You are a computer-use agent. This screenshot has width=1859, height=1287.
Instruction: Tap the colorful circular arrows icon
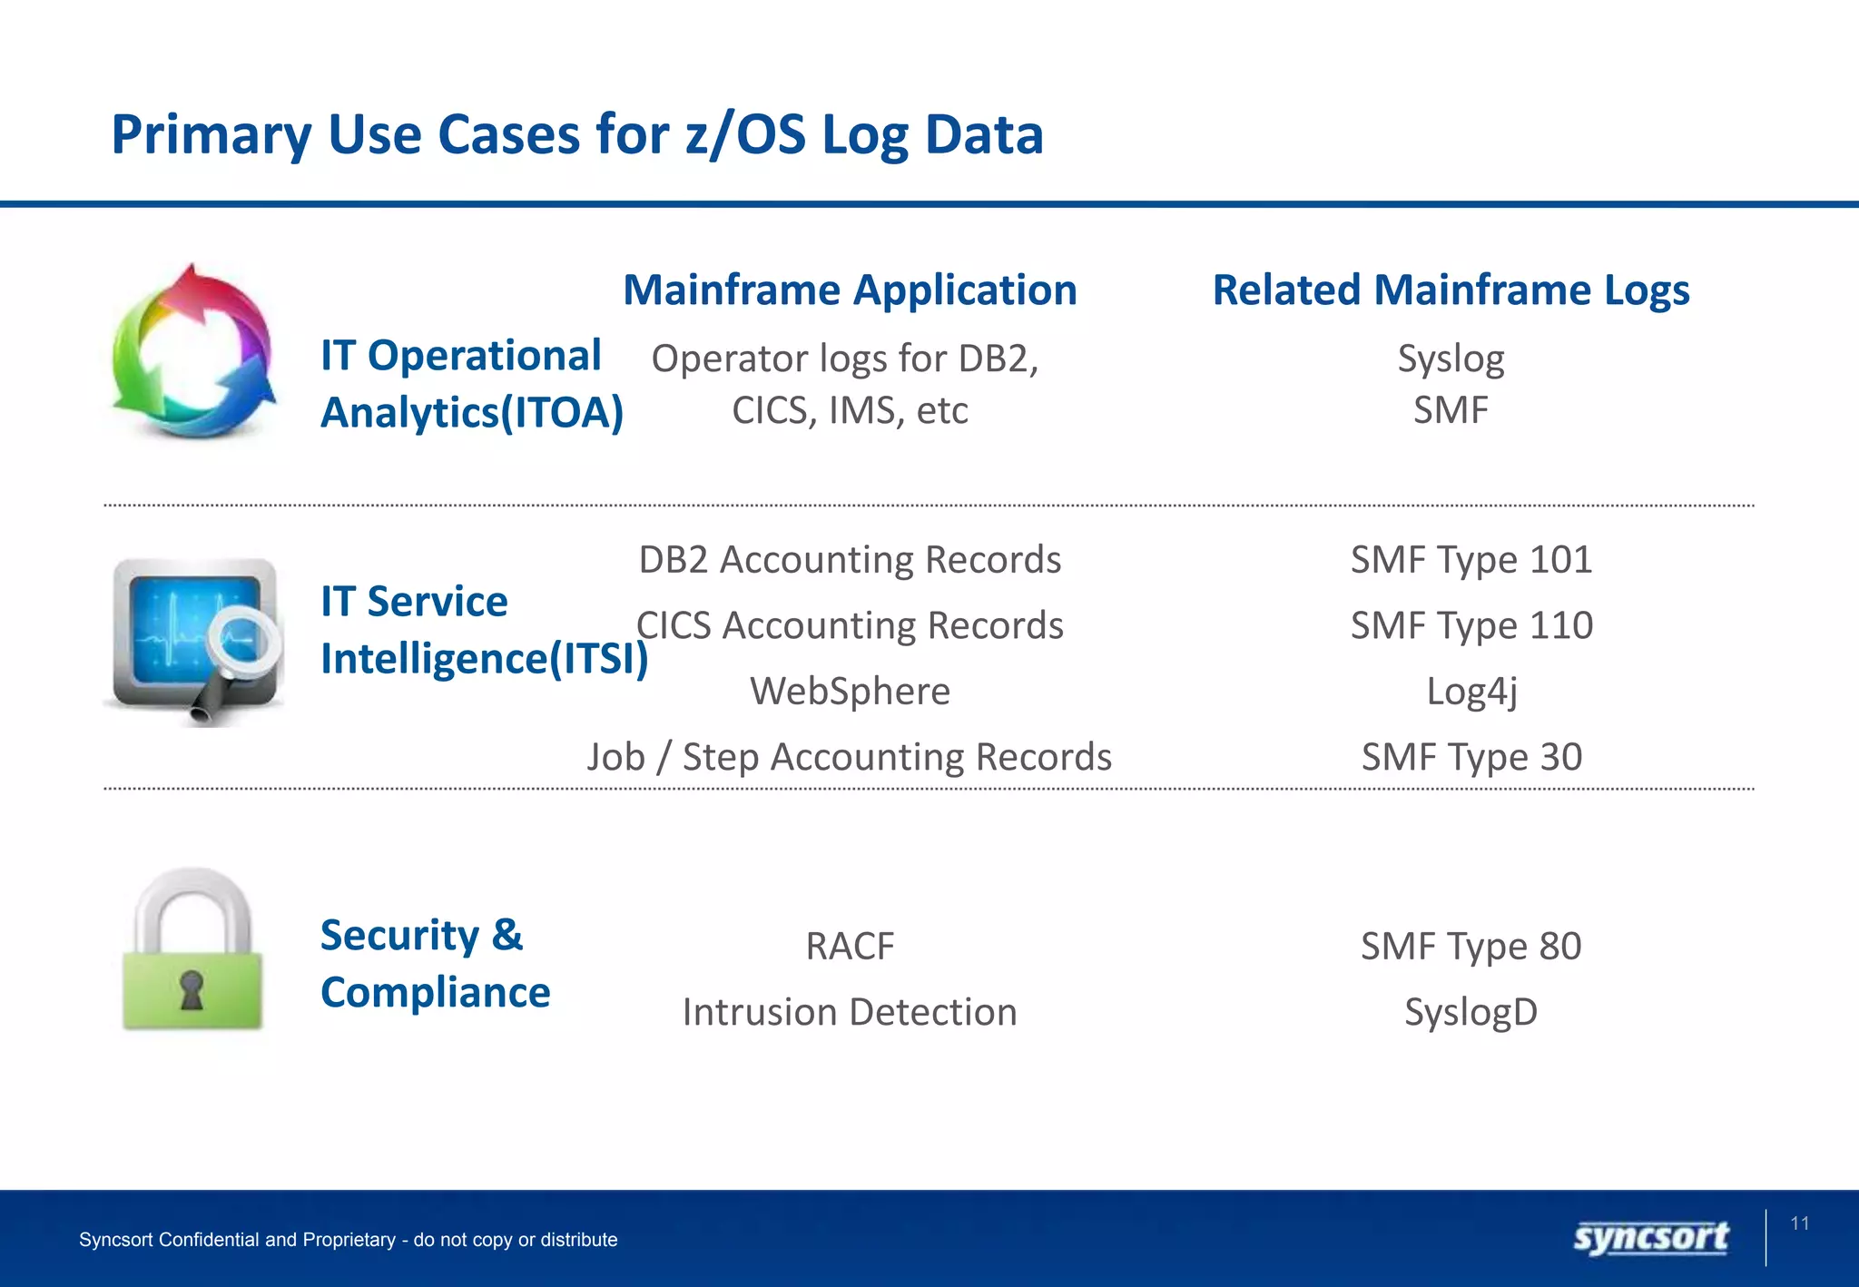tap(193, 353)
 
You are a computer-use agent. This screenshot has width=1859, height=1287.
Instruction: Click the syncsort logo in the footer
tap(1650, 1238)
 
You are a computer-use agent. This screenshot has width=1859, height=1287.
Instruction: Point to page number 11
tap(1799, 1223)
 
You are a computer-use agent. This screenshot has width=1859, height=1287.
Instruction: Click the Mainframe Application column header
tap(850, 290)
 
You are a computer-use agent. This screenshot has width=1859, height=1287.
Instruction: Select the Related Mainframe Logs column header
tap(1451, 290)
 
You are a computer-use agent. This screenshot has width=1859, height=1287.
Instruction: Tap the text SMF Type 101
tap(1470, 559)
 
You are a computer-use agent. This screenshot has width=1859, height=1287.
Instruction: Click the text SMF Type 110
tap(1470, 625)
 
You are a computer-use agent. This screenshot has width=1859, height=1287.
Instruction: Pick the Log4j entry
tap(1470, 691)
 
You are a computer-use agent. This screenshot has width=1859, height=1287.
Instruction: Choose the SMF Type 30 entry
tap(1470, 757)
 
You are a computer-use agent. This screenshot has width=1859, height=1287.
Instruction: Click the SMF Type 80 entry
tap(1470, 946)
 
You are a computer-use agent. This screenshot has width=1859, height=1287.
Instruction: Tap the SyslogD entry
tap(1470, 1011)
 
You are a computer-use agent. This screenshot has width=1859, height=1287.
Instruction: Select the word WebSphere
tap(850, 691)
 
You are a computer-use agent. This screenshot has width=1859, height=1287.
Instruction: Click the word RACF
tap(850, 946)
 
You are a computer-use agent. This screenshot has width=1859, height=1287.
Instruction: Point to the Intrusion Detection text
tap(850, 1011)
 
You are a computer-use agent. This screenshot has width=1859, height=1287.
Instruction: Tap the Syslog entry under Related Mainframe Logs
tap(1451, 359)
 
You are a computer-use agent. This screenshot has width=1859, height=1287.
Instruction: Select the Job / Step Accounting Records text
tap(850, 757)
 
